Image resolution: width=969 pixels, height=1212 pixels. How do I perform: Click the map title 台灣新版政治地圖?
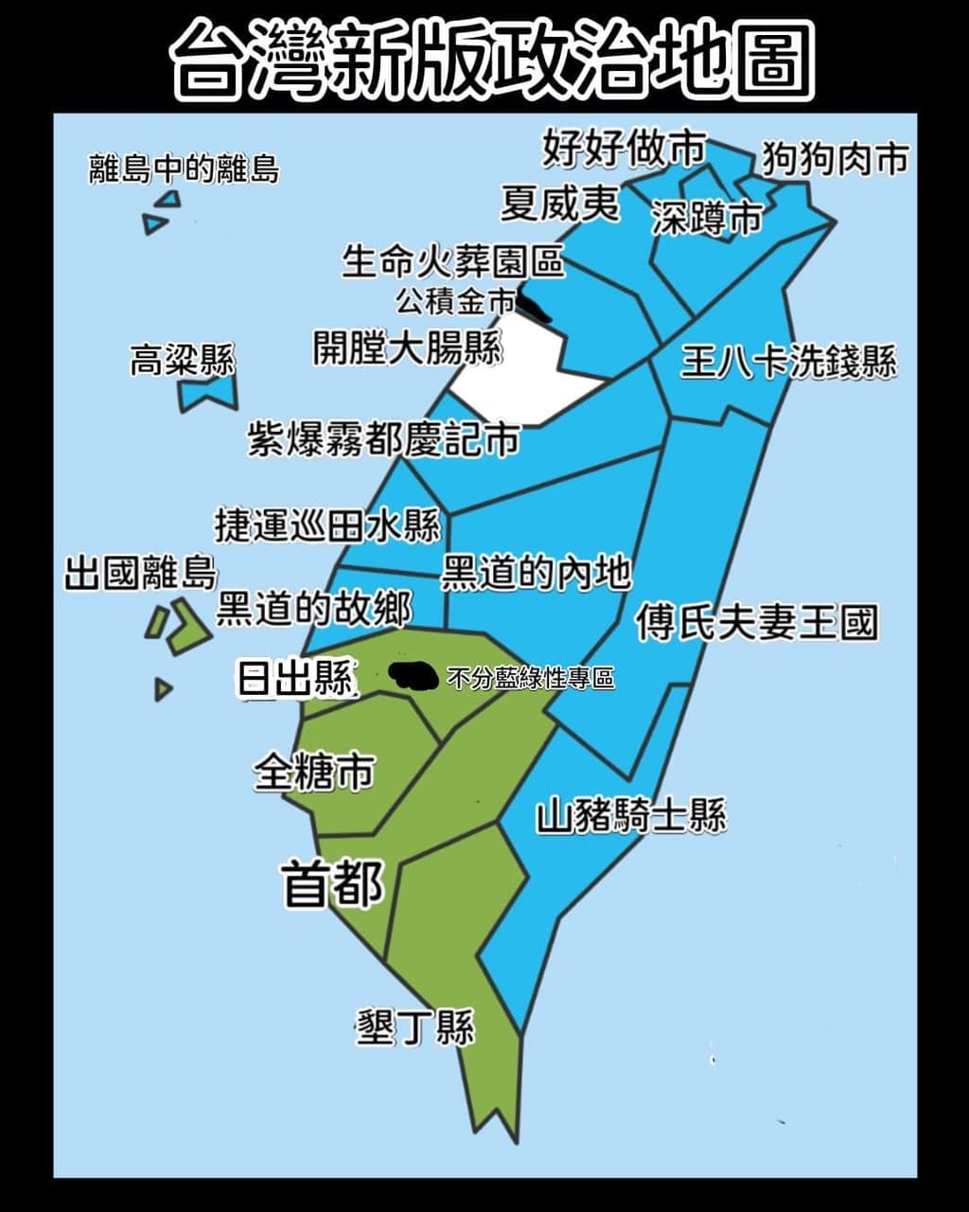click(491, 60)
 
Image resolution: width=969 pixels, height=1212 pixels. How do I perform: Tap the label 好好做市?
click(625, 148)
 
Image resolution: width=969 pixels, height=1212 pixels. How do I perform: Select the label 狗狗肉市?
click(836, 158)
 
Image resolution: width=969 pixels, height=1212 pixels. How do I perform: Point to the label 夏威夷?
click(560, 203)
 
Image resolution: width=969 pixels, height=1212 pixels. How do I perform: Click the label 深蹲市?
click(706, 219)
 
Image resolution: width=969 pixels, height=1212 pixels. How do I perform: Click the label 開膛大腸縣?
click(408, 348)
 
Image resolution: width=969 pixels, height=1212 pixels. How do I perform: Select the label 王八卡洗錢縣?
click(788, 361)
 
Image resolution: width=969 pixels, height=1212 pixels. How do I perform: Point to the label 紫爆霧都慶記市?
click(383, 439)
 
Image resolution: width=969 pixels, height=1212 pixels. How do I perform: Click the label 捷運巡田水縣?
click(327, 525)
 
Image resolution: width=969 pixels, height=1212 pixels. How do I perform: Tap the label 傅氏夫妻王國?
click(756, 622)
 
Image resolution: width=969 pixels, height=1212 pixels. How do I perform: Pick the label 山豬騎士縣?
click(631, 815)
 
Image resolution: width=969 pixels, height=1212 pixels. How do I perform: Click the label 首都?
click(333, 883)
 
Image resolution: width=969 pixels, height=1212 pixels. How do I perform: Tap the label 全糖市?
click(313, 772)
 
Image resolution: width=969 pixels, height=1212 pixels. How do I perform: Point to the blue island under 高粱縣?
click(207, 394)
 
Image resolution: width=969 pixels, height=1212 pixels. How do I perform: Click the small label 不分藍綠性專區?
click(530, 679)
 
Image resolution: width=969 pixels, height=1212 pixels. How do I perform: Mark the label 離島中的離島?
click(185, 169)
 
